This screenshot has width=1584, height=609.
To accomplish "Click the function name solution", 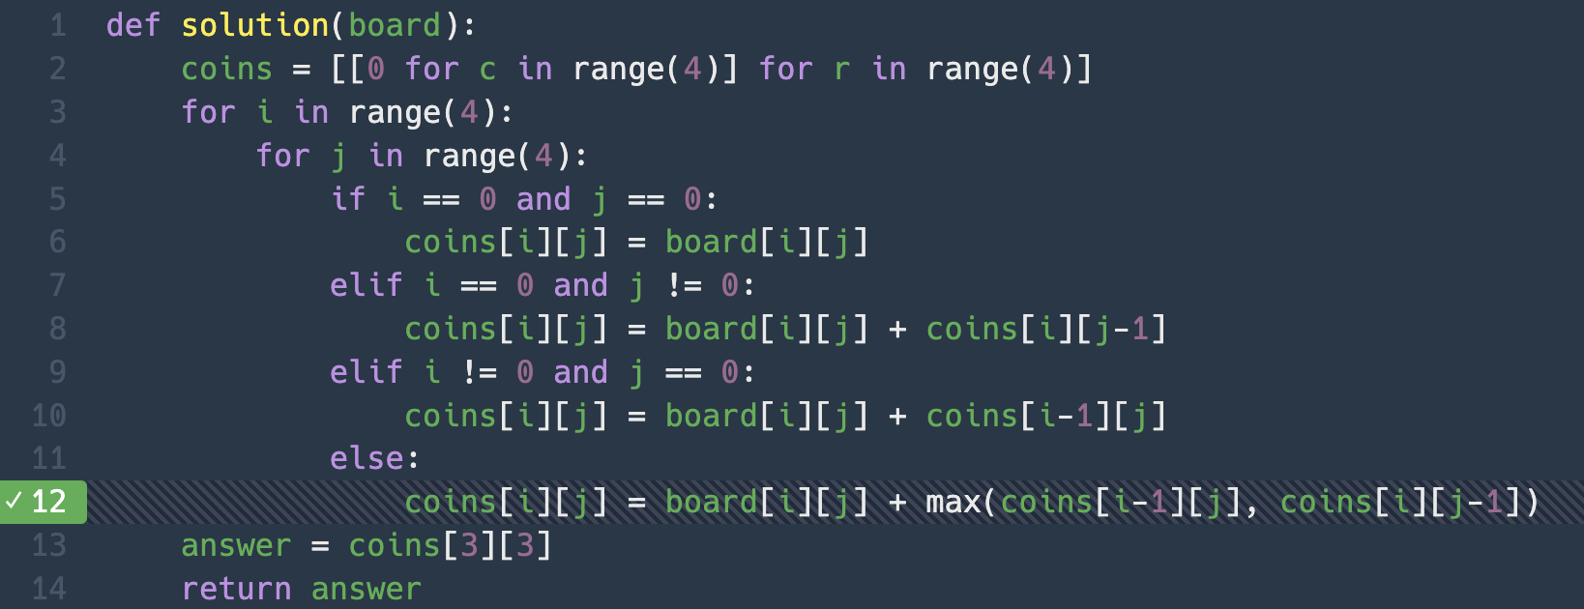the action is click(x=255, y=25).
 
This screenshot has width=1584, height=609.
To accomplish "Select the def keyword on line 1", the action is click(x=133, y=25).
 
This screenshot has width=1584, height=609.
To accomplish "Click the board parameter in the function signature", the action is click(x=395, y=25).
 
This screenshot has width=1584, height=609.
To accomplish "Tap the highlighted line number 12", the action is click(x=49, y=502).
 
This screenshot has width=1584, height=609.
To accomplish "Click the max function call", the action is click(x=953, y=502).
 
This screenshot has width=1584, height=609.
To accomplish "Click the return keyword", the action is click(x=236, y=589).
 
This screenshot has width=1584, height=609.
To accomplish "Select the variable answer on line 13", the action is click(x=236, y=545).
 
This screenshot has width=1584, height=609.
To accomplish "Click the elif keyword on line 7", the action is click(x=366, y=285).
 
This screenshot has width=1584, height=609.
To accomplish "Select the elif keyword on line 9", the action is click(x=366, y=372).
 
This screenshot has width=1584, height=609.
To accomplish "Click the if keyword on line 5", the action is click(x=347, y=199).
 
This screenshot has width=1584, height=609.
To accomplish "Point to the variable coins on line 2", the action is click(x=227, y=69).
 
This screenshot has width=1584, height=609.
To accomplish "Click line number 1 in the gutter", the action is click(x=58, y=25).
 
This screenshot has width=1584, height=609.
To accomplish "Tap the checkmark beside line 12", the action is click(x=14, y=501).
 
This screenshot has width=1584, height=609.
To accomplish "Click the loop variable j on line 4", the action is click(x=338, y=156).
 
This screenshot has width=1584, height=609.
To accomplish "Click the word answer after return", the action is click(x=367, y=589).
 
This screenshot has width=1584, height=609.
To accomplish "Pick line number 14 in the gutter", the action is click(x=49, y=589).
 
